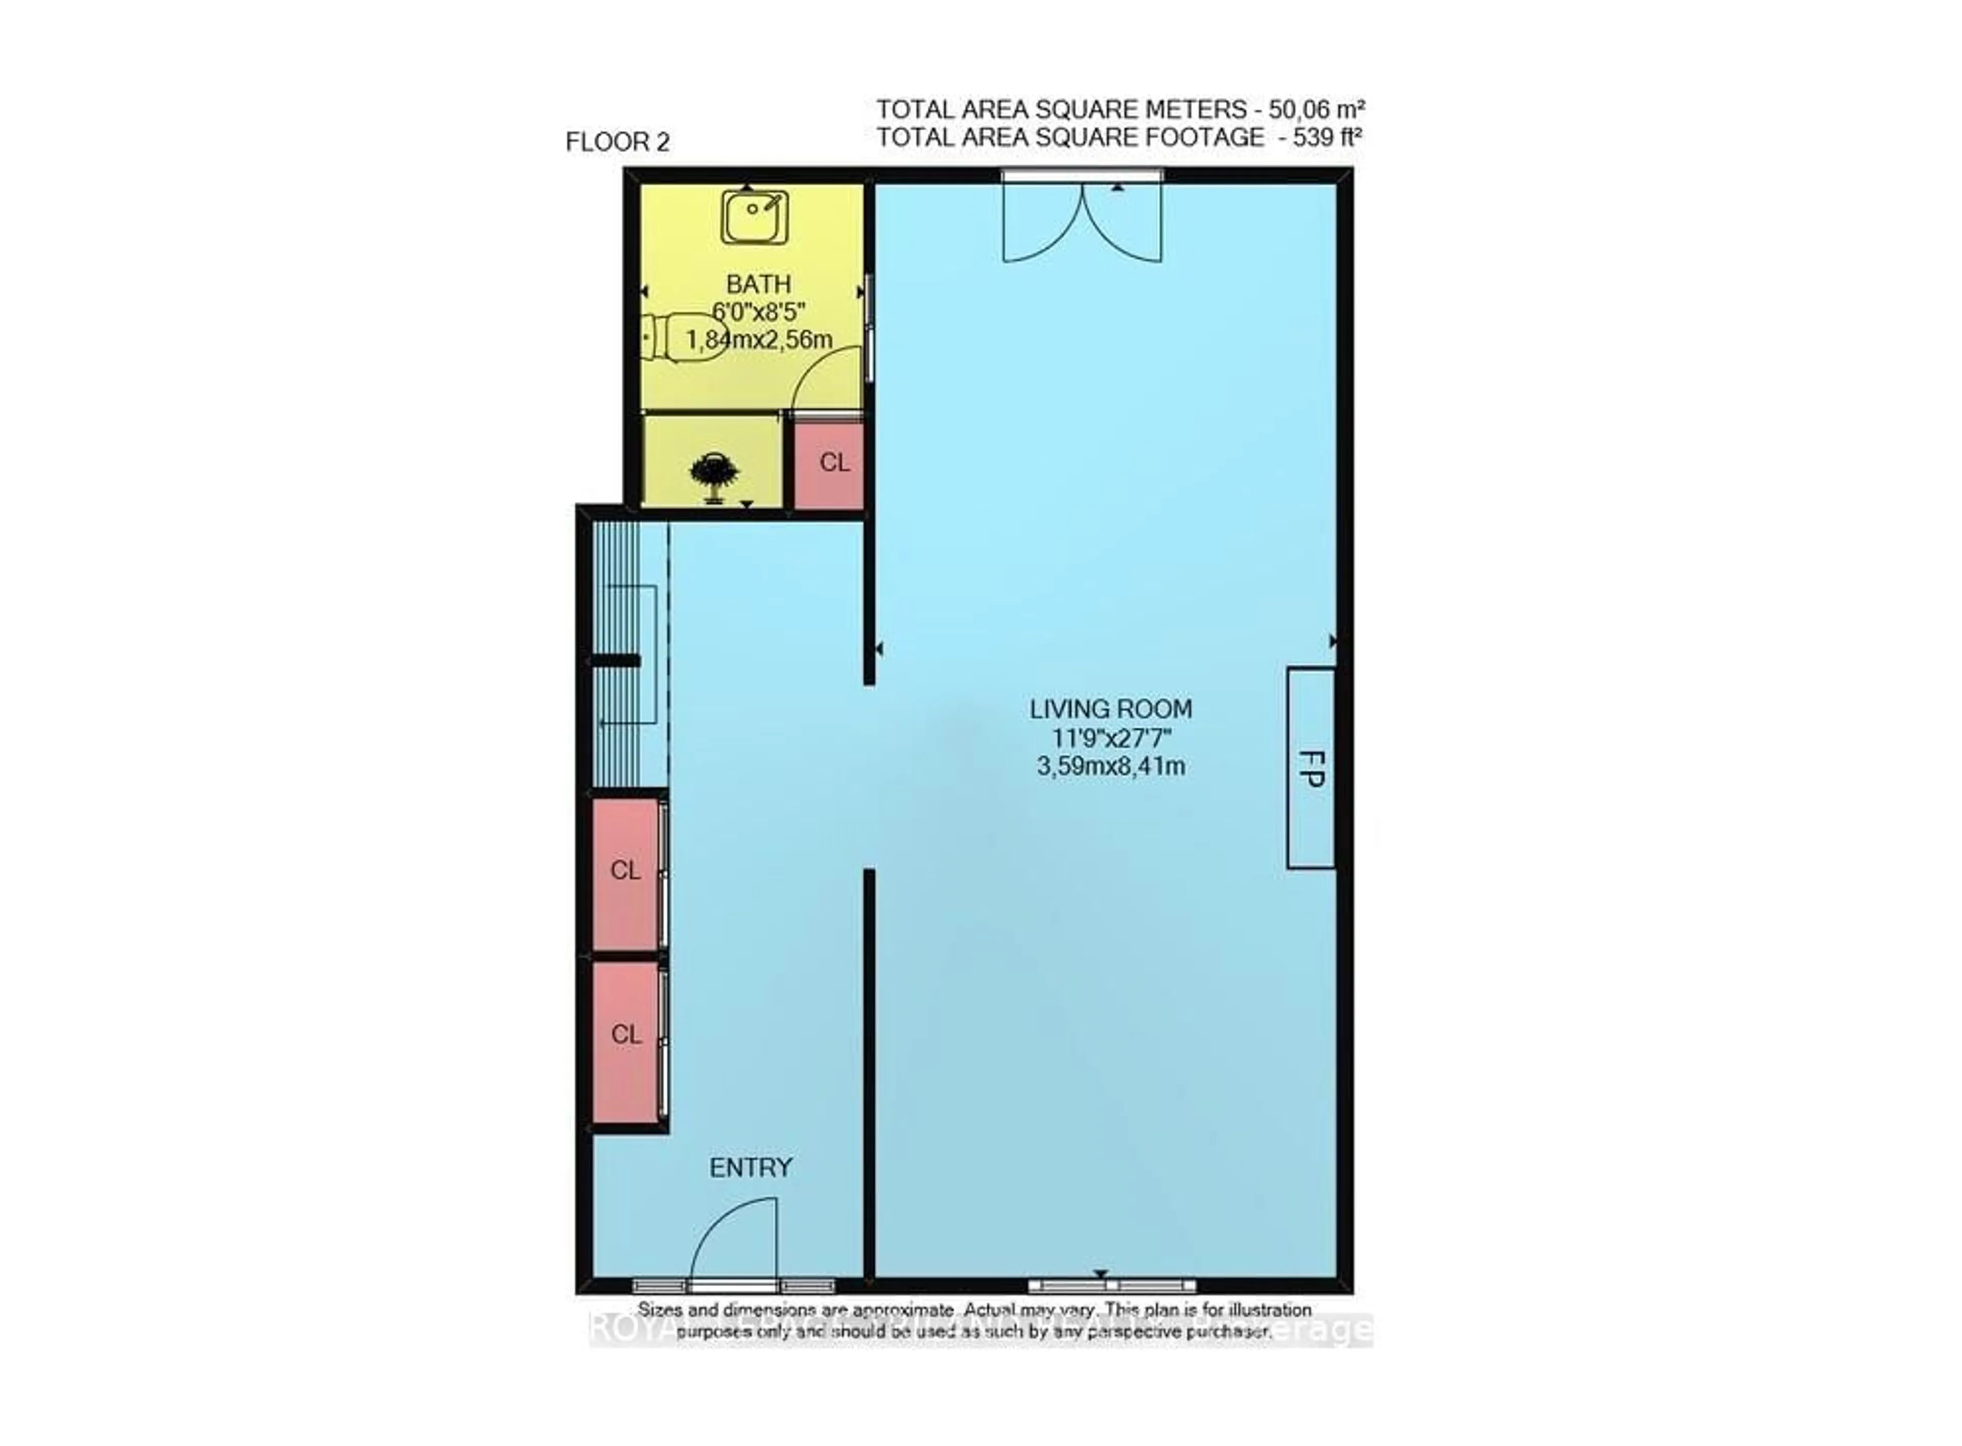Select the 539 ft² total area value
[1327, 137]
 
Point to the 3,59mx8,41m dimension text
[1110, 767]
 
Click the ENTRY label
[750, 1168]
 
